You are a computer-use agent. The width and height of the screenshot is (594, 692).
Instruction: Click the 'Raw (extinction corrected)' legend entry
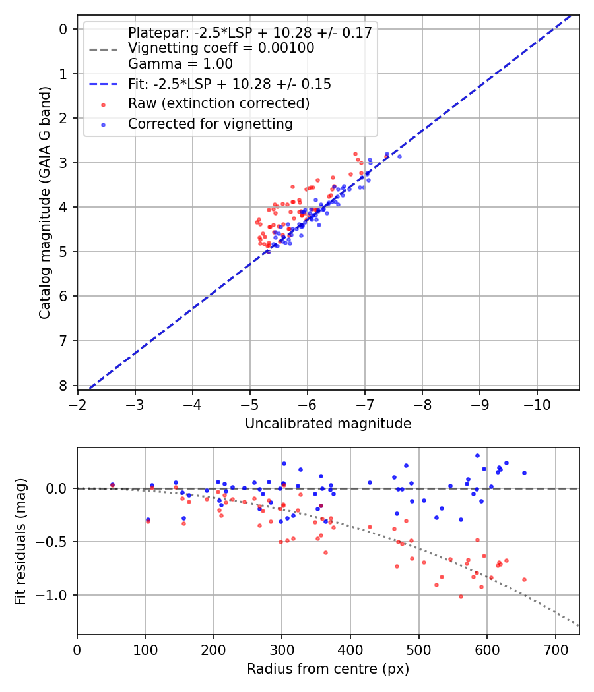[x=218, y=103]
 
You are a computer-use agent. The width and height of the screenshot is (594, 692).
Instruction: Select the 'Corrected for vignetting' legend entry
[x=210, y=123]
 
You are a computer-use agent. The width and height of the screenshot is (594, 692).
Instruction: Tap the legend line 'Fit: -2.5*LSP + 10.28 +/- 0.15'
[x=229, y=84]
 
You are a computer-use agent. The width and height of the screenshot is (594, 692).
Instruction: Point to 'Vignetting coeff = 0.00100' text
[x=220, y=48]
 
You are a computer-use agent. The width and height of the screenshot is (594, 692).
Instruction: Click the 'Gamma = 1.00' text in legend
[x=180, y=64]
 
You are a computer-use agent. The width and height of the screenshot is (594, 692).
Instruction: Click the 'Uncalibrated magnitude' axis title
[x=328, y=424]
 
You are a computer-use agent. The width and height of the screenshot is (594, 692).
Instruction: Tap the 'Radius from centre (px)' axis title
[x=328, y=669]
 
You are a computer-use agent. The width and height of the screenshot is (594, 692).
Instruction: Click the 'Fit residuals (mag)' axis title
[x=20, y=541]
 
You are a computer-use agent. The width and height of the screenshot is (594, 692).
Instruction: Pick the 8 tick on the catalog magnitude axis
[x=64, y=386]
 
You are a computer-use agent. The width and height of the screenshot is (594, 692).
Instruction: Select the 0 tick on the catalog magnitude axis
[x=64, y=29]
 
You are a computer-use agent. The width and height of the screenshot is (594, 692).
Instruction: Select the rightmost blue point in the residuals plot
[x=524, y=473]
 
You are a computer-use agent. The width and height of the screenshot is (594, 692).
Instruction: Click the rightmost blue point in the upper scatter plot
[x=399, y=156]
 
